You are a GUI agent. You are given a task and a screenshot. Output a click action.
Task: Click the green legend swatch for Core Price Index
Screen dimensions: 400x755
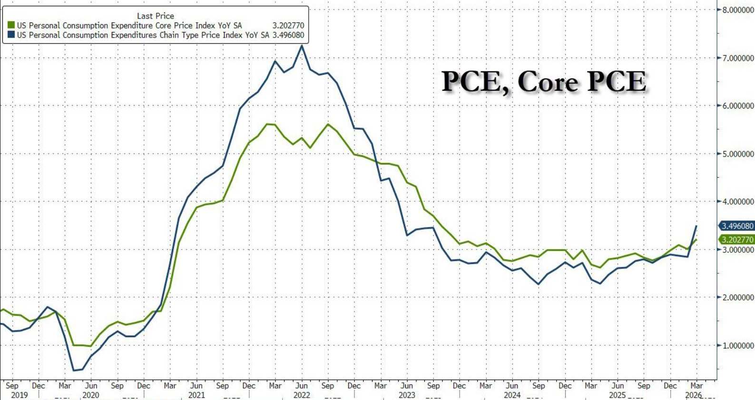pyautogui.click(x=11, y=25)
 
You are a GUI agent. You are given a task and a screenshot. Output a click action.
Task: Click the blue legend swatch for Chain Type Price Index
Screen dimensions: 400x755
pyautogui.click(x=11, y=35)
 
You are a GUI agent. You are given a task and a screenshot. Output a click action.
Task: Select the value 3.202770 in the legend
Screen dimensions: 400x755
pyautogui.click(x=288, y=25)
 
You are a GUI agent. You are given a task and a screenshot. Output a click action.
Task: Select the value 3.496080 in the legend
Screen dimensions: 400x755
pyautogui.click(x=288, y=35)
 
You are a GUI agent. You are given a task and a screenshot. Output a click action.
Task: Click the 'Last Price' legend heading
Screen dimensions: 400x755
pyautogui.click(x=155, y=16)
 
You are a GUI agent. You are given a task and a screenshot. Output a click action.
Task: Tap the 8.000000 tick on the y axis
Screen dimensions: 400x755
pyautogui.click(x=737, y=10)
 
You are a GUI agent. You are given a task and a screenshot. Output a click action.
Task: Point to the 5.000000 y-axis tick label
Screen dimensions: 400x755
pyautogui.click(x=737, y=154)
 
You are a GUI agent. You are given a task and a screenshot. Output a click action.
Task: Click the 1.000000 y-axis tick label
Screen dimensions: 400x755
pyautogui.click(x=737, y=345)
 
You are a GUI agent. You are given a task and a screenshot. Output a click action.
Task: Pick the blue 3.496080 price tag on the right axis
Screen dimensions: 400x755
pyautogui.click(x=737, y=226)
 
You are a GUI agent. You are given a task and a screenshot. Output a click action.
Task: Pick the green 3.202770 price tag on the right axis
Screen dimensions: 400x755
pyautogui.click(x=737, y=240)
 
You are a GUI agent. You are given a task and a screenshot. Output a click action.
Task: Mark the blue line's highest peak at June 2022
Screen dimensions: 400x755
pyautogui.click(x=302, y=46)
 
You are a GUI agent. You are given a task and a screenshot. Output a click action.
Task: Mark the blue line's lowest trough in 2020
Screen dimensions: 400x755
pyautogui.click(x=74, y=370)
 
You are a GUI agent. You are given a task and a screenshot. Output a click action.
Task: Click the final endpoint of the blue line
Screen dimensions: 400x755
pyautogui.click(x=696, y=226)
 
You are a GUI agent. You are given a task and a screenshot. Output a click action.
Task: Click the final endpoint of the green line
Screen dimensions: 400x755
pyautogui.click(x=696, y=240)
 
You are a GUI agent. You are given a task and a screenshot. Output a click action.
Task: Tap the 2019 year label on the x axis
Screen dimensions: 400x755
pyautogui.click(x=19, y=395)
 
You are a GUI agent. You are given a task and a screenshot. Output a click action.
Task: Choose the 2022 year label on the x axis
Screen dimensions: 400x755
pyautogui.click(x=302, y=395)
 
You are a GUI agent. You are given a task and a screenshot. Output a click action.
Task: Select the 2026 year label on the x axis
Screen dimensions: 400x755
pyautogui.click(x=694, y=395)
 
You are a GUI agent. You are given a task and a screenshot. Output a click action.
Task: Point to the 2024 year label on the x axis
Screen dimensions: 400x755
pyautogui.click(x=512, y=395)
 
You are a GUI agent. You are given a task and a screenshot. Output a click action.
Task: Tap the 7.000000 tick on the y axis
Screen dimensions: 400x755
pyautogui.click(x=737, y=58)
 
